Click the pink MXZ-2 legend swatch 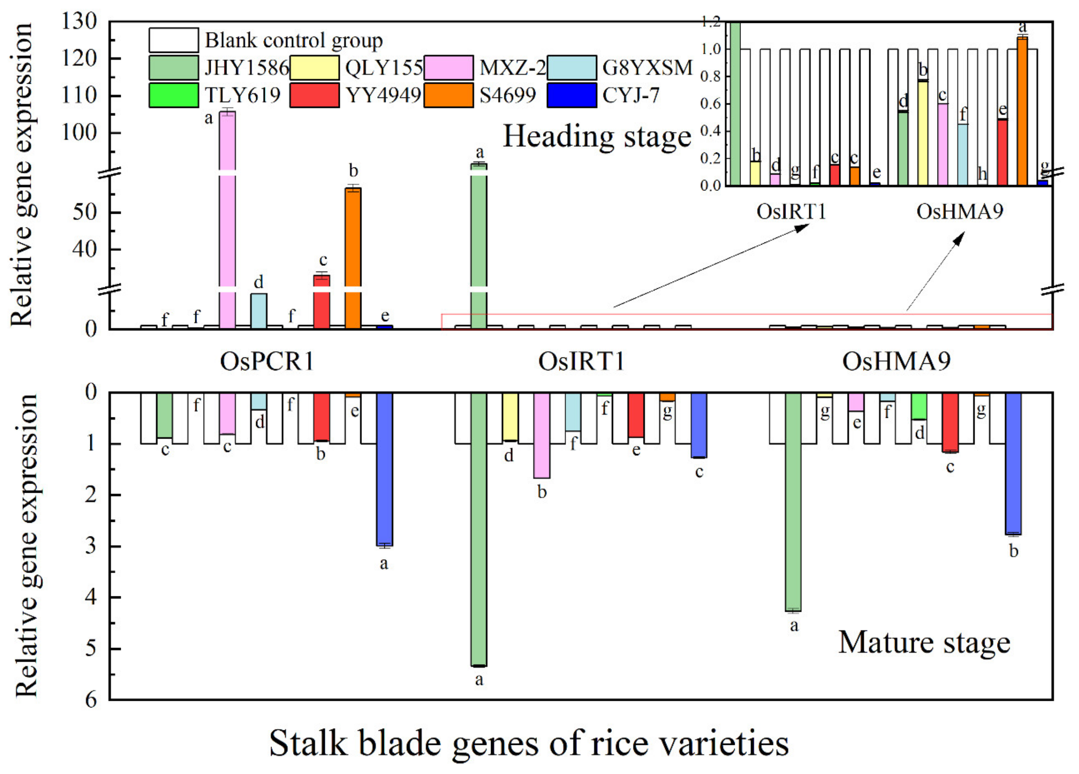[x=448, y=68]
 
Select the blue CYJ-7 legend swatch [x=571, y=96]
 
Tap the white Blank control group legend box [x=174, y=41]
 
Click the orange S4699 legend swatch [x=448, y=96]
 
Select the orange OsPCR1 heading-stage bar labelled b [x=353, y=257]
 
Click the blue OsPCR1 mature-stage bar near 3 [x=384, y=469]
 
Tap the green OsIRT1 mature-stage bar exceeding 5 [x=479, y=528]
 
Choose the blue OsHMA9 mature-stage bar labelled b [x=1013, y=464]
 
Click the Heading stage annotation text [x=597, y=137]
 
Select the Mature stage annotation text [x=924, y=643]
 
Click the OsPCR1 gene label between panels [x=267, y=361]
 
